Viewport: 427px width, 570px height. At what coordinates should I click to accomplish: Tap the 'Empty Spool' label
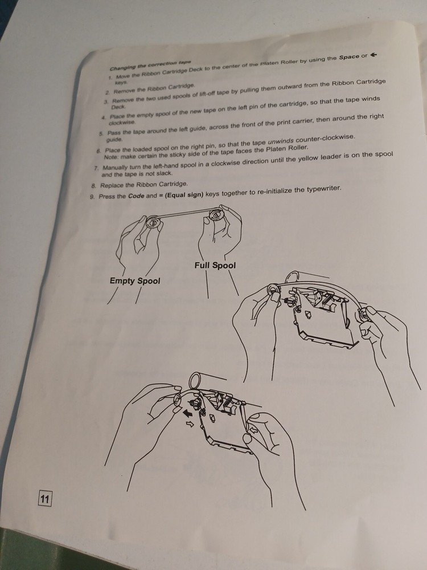(135, 281)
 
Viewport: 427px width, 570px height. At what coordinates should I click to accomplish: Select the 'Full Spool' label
(215, 266)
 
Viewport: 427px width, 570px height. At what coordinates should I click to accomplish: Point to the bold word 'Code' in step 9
(136, 196)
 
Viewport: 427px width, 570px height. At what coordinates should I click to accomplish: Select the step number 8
(93, 186)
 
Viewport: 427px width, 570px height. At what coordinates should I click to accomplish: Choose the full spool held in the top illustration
(216, 215)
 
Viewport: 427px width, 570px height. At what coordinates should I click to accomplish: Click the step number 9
(92, 197)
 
